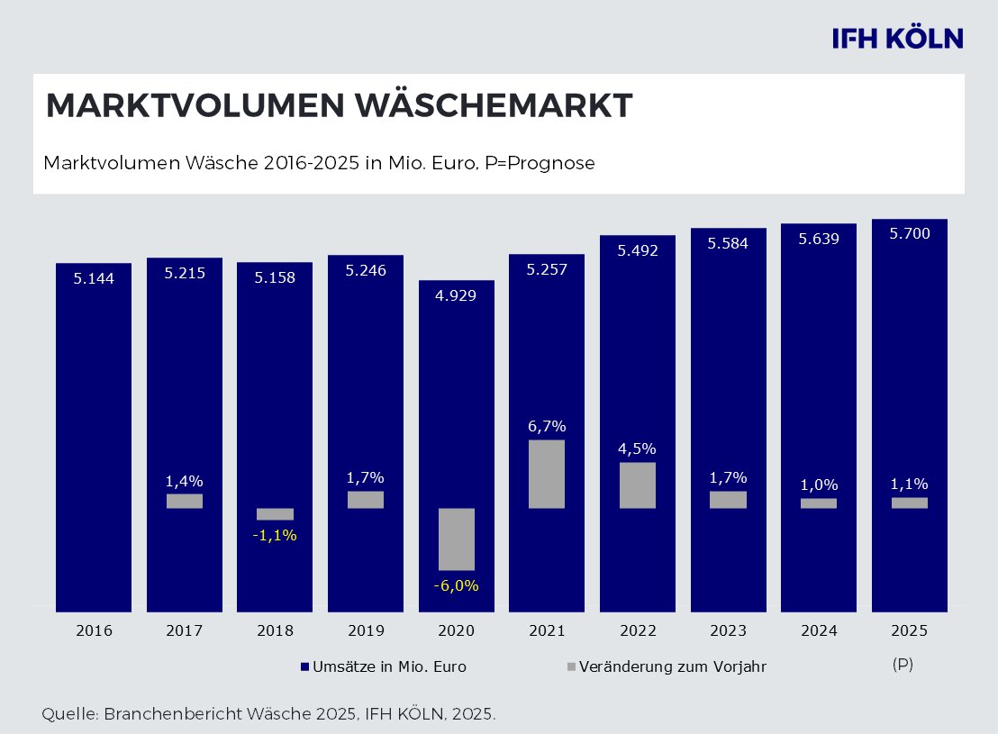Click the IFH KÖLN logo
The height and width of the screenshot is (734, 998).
coord(897,38)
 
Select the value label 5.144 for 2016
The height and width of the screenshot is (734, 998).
coord(94,279)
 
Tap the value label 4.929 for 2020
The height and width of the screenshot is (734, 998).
coord(456,295)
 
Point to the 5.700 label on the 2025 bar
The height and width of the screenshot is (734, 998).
coord(909,233)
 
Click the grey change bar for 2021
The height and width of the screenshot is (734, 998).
coord(547,474)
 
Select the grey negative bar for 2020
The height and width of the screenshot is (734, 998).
coord(456,539)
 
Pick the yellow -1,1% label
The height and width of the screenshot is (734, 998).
coord(275,535)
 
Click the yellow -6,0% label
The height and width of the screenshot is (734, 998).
coord(456,585)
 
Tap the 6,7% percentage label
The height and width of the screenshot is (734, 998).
coord(547,426)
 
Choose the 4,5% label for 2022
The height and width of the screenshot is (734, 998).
coord(638,449)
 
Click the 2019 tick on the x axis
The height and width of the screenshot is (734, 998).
coord(366,630)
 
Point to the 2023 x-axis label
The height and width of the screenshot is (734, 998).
coord(728,630)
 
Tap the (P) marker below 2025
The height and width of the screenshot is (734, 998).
coord(903,664)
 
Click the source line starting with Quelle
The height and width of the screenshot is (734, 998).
coord(268,714)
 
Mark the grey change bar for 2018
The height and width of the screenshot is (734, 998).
coord(275,514)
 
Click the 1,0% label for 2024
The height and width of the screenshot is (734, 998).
coord(819,485)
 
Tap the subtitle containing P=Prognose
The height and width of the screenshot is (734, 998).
coord(319,164)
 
